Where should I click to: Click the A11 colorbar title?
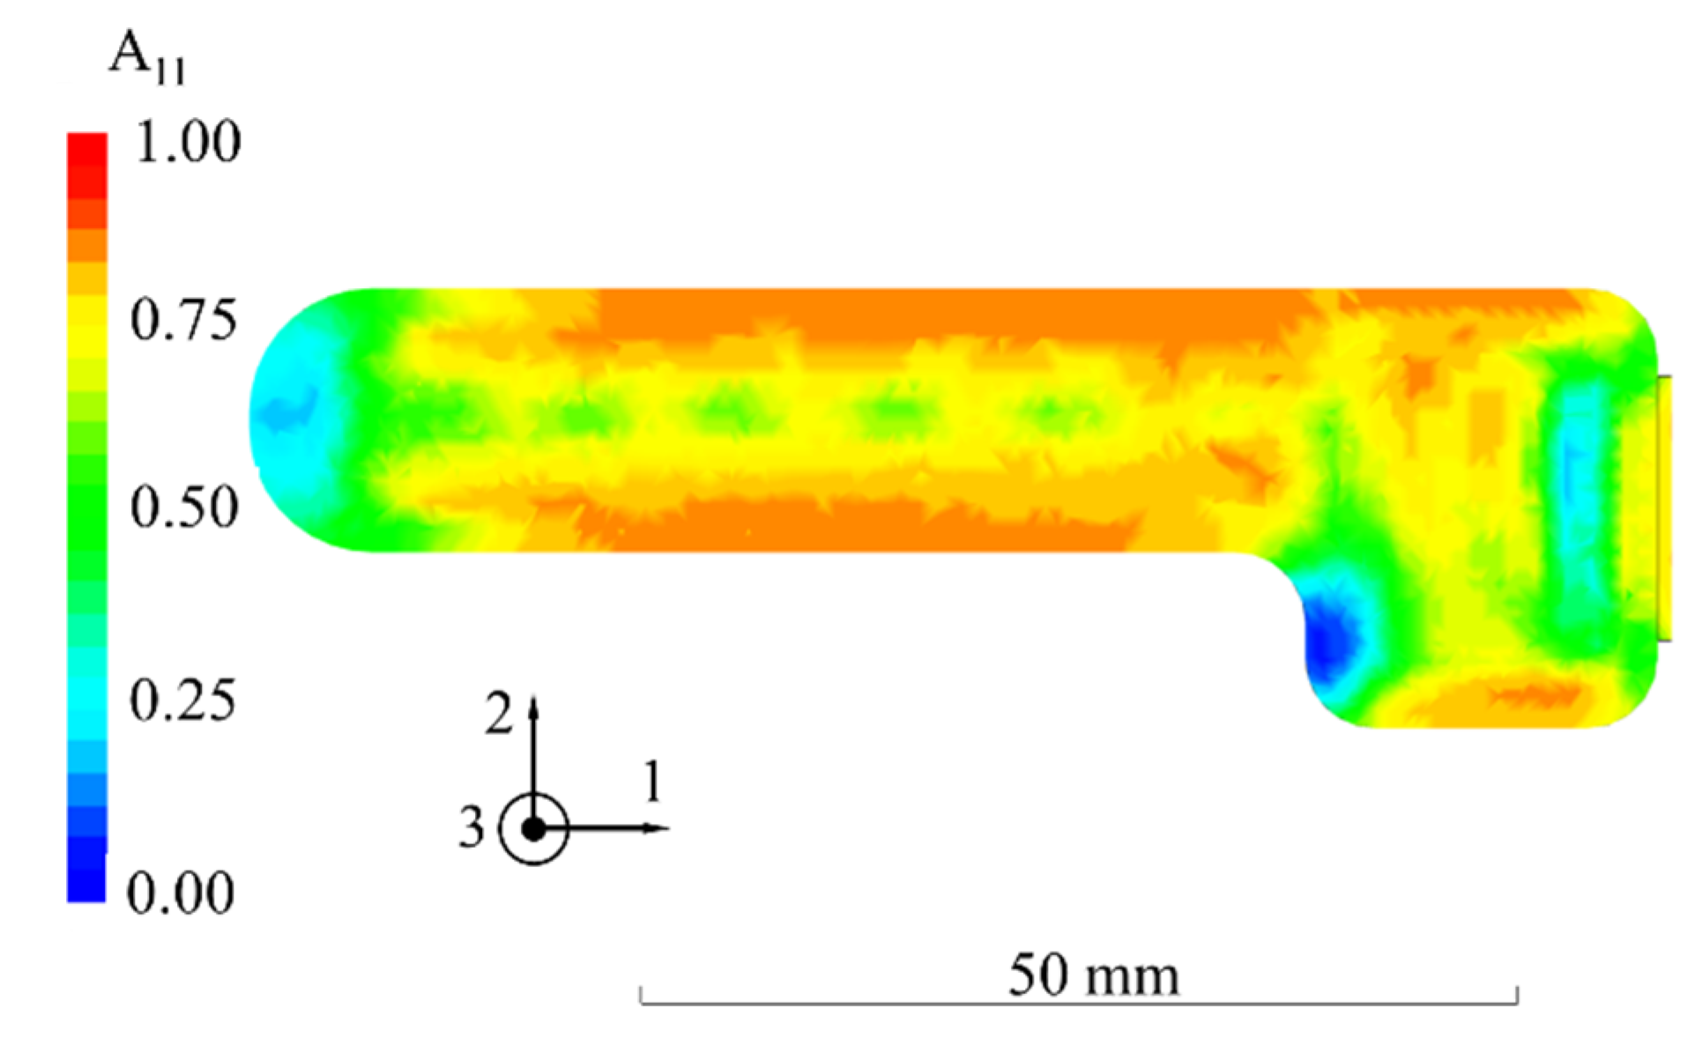pyautogui.click(x=147, y=57)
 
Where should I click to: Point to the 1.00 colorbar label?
pyautogui.click(x=188, y=142)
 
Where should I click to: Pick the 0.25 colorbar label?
pyautogui.click(x=183, y=701)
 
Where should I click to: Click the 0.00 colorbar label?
pyautogui.click(x=181, y=893)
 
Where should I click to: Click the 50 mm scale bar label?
pyautogui.click(x=1094, y=975)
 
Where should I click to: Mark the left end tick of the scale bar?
pyautogui.click(x=641, y=995)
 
